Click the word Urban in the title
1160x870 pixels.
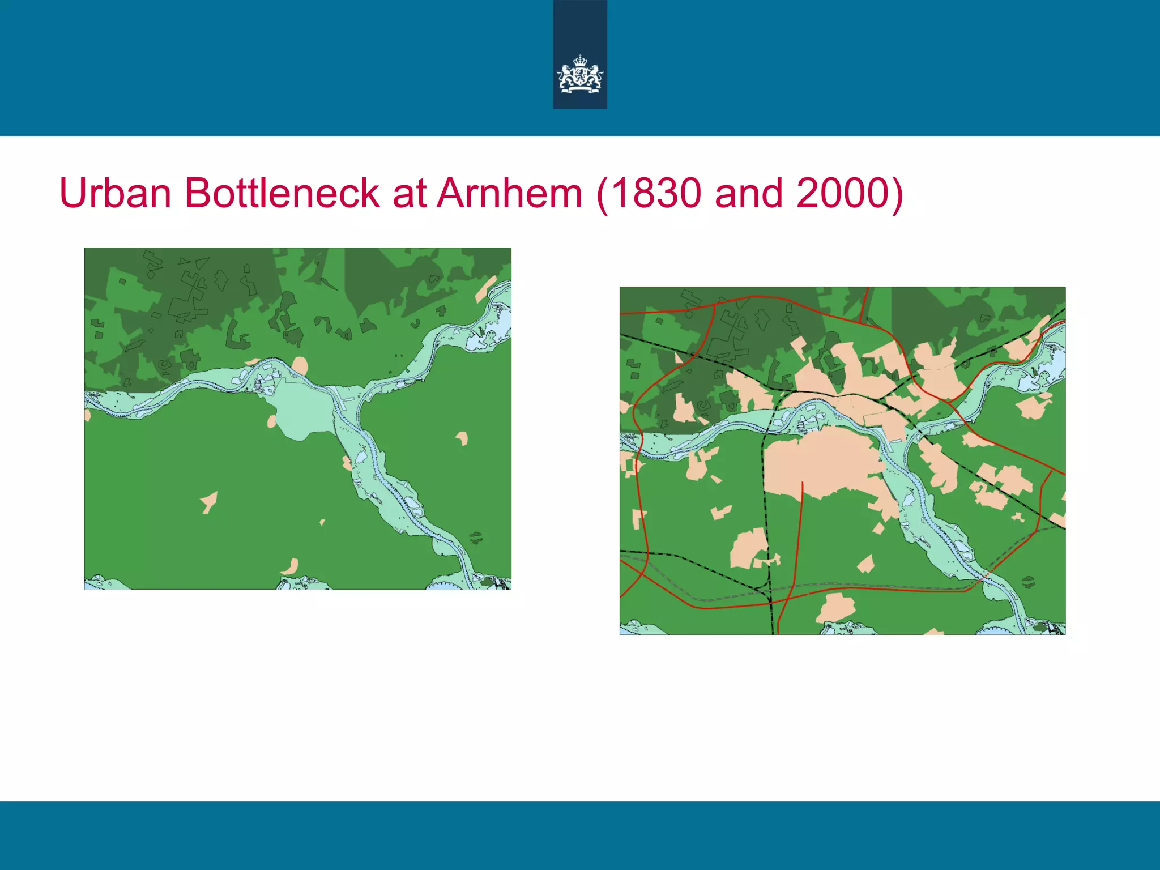pyautogui.click(x=116, y=193)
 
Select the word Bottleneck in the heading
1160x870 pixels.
pyautogui.click(x=282, y=193)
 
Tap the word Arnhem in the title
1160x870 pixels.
pyautogui.click(x=510, y=193)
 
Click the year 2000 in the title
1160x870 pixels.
pyautogui.click(x=843, y=193)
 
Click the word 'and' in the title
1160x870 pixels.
pyautogui.click(x=749, y=193)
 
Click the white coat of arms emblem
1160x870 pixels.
pyautogui.click(x=580, y=75)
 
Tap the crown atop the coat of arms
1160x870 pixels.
pyautogui.click(x=580, y=61)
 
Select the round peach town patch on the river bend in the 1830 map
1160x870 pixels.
pyautogui.click(x=300, y=365)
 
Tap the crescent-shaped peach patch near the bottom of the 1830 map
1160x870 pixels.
pyautogui.click(x=291, y=565)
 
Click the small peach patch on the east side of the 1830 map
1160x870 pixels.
pyautogui.click(x=463, y=438)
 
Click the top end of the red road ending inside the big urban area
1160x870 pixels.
pyautogui.click(x=803, y=483)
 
